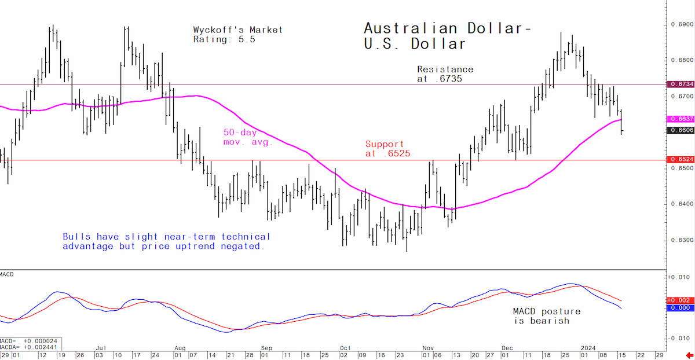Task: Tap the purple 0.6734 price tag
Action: (x=681, y=84)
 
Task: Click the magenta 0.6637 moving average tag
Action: (x=681, y=119)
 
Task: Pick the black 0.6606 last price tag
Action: (x=681, y=130)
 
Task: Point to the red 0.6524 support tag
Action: (x=681, y=159)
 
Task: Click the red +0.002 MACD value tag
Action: (x=681, y=300)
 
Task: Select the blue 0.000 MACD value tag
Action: (x=681, y=308)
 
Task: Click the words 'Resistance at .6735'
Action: (x=445, y=74)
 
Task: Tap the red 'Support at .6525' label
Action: (x=388, y=149)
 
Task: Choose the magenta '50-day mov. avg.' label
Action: (x=248, y=137)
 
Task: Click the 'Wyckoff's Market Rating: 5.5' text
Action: (x=238, y=35)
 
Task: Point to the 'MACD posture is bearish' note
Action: (x=547, y=316)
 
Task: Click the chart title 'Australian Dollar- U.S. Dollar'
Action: (x=448, y=36)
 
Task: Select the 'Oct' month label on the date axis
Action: (x=345, y=348)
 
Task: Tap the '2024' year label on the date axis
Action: (x=588, y=348)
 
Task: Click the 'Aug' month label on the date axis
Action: (x=180, y=348)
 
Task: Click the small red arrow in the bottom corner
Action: (x=689, y=355)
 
